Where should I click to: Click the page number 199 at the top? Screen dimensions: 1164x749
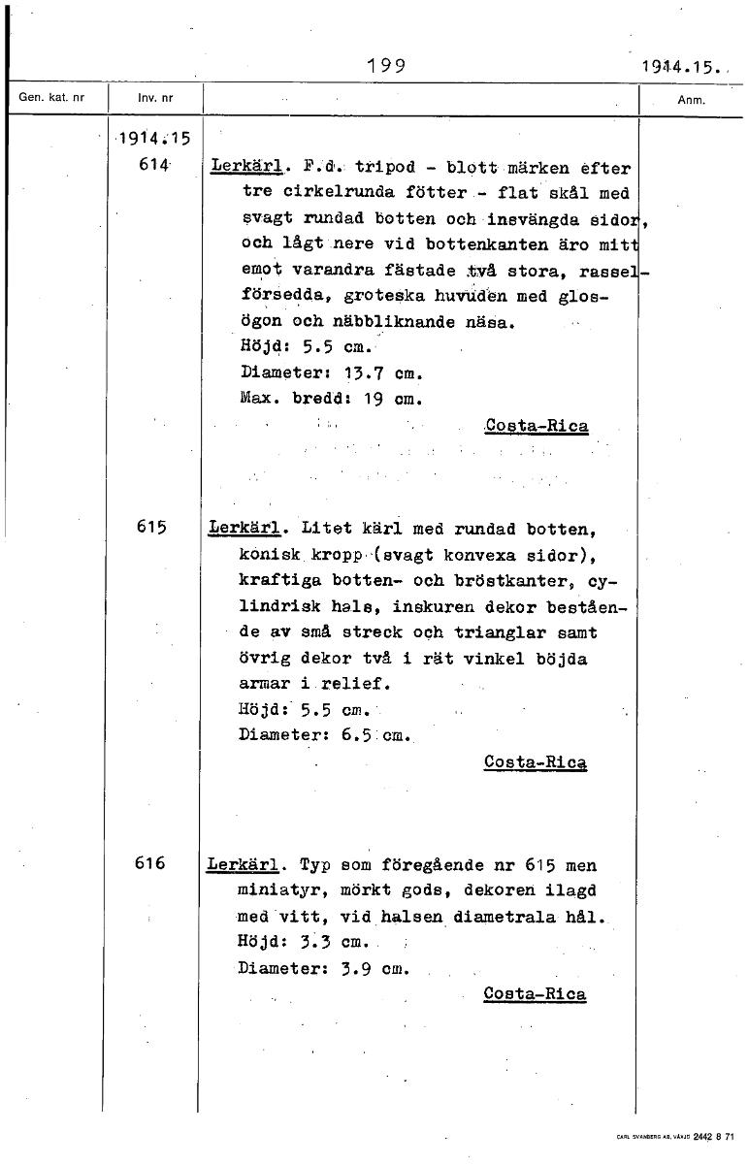pyautogui.click(x=386, y=67)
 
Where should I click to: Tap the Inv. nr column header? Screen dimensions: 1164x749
pyautogui.click(x=152, y=98)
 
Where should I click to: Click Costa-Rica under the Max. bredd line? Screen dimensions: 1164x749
pyautogui.click(x=536, y=426)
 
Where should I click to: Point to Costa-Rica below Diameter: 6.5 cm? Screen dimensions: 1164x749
pyautogui.click(x=536, y=761)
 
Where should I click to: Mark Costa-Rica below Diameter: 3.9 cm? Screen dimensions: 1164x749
pyautogui.click(x=536, y=993)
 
